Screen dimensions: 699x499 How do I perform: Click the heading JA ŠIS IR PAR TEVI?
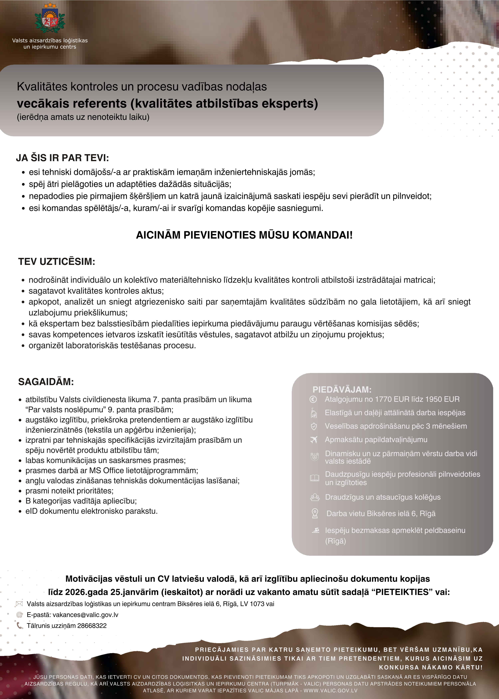tap(62, 158)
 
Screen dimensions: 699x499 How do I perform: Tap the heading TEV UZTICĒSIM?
tap(57, 262)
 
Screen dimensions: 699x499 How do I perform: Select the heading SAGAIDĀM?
tap(46, 382)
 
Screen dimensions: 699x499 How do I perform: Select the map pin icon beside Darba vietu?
tap(315, 513)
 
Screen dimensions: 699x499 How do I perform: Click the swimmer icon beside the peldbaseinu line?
tap(315, 530)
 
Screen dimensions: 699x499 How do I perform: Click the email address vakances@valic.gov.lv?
tap(85, 615)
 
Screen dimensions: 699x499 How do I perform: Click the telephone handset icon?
tap(19, 625)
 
